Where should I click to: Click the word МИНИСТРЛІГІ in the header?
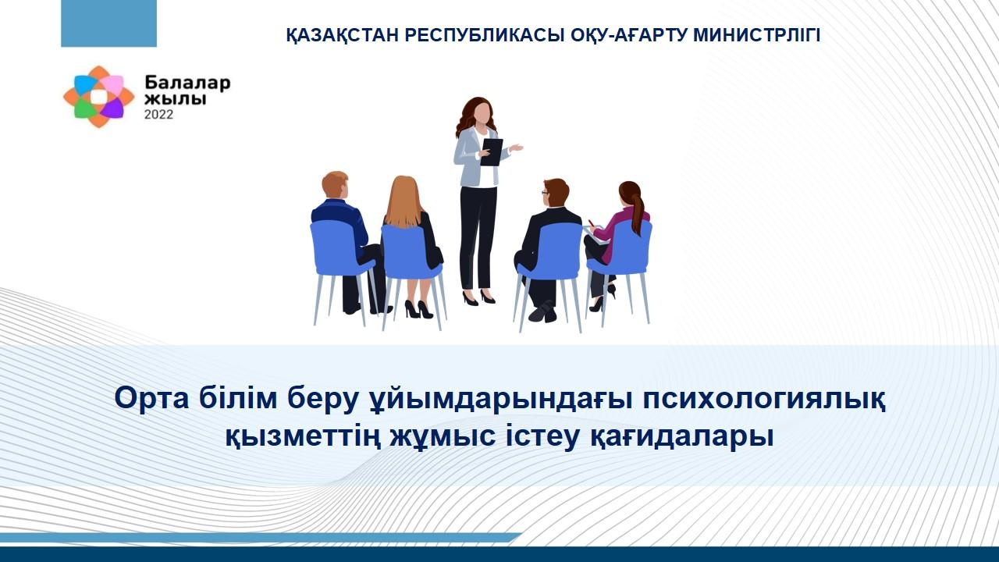point(756,35)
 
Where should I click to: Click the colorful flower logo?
point(98,97)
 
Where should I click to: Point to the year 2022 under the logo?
point(158,115)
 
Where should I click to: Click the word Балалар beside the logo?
point(187,83)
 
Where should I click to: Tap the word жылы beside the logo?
point(176,99)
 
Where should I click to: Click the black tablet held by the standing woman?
point(492,152)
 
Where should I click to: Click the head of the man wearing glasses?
point(555,193)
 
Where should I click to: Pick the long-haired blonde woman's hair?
point(404,202)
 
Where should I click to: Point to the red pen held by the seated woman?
point(592,223)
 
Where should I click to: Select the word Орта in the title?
point(151,399)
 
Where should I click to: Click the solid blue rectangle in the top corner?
point(108,23)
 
